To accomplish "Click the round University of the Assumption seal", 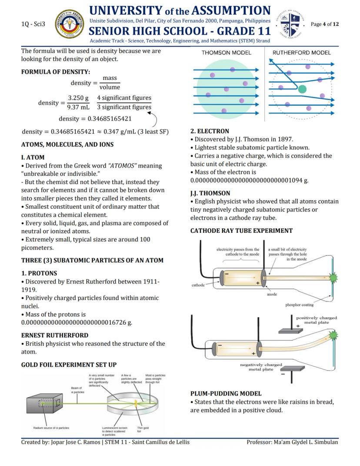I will click(x=70, y=24).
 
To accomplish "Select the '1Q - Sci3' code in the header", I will click(x=33, y=24).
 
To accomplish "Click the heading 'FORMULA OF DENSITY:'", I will click(x=56, y=72).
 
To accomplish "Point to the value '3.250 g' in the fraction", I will click(x=78, y=98).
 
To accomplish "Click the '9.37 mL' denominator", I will click(x=78, y=107).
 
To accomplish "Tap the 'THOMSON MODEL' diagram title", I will click(x=226, y=53).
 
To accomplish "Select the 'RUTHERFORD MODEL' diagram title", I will click(x=301, y=53).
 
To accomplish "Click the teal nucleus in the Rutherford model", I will click(x=302, y=89).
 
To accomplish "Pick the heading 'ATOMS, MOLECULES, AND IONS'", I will click(x=67, y=144).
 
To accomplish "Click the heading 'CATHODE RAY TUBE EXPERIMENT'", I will click(x=241, y=231).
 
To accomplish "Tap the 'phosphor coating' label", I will click(x=300, y=305).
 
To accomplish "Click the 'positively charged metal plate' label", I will click(x=317, y=320).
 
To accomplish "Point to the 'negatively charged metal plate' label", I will click(x=261, y=367).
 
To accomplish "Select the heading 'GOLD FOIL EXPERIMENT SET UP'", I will click(x=69, y=365).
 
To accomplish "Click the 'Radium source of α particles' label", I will click(x=51, y=428).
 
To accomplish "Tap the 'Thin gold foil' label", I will click(x=143, y=429).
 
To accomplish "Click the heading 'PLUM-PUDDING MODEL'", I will click(x=226, y=394).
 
